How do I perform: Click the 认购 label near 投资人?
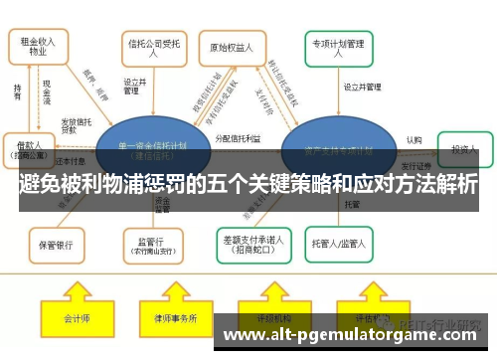tap(414, 139)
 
